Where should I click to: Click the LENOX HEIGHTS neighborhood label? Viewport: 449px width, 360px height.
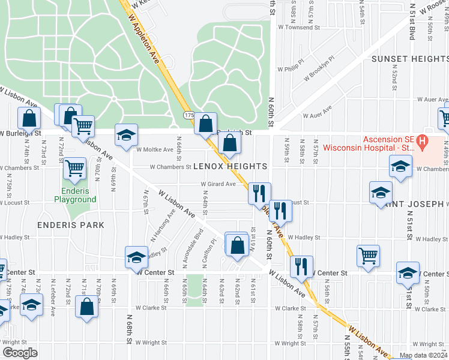(x=230, y=166)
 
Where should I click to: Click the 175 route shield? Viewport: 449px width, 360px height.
(x=188, y=114)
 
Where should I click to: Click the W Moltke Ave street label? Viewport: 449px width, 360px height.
(x=155, y=149)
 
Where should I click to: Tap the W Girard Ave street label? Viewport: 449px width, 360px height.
(x=218, y=184)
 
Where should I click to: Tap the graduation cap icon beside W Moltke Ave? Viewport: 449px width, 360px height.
(x=126, y=135)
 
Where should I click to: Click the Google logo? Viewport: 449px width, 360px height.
(x=20, y=353)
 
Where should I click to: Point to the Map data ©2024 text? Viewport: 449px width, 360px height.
(x=424, y=355)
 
